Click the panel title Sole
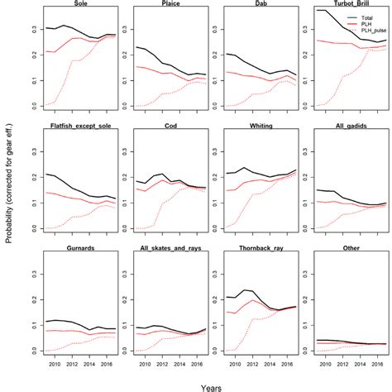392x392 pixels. tap(82, 4)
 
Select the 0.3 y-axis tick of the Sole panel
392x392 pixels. tap(35, 30)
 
